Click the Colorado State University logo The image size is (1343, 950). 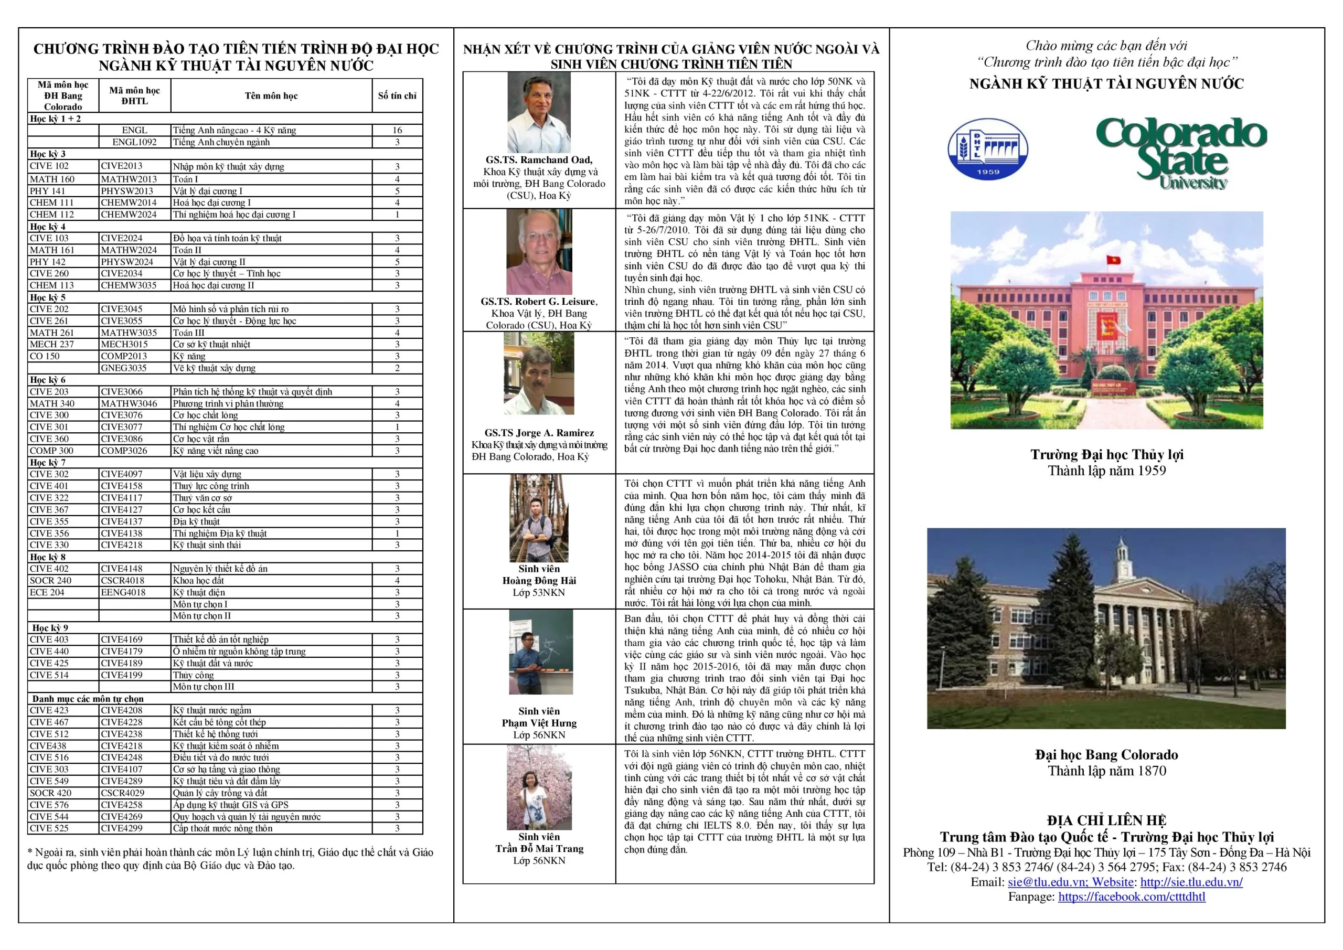coord(1181,153)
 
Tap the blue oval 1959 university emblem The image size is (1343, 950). coord(988,149)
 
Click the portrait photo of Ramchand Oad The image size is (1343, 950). coord(539,112)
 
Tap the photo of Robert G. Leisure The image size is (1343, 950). coord(539,252)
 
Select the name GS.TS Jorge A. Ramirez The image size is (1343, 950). coord(539,433)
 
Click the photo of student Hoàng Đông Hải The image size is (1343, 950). coord(539,518)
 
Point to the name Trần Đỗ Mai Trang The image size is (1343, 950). coord(539,848)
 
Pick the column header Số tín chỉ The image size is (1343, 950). coord(397,95)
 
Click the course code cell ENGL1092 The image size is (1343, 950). coord(134,142)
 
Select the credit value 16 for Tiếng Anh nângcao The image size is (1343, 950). coord(397,131)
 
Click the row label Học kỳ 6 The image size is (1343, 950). coord(48,380)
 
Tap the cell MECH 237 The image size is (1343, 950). coord(52,345)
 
